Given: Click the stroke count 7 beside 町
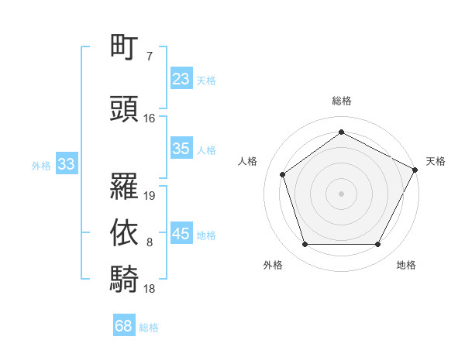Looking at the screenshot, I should click(150, 57).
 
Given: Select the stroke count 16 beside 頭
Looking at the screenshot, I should click(150, 118).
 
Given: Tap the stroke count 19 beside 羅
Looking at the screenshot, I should click(150, 196).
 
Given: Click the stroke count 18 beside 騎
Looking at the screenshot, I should click(150, 289).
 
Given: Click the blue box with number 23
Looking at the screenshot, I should click(181, 79).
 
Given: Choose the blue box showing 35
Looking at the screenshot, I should click(181, 149).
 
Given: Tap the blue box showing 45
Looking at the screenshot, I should click(181, 234).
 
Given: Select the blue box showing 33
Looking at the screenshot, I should click(66, 164).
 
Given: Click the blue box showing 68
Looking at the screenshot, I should click(123, 326).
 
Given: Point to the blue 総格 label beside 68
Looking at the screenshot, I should click(149, 328).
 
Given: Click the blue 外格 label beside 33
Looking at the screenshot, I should click(41, 165).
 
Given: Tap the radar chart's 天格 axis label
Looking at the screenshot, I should click(436, 161).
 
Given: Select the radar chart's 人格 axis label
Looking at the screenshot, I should click(248, 161).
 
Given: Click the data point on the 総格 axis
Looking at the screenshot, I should click(341, 132).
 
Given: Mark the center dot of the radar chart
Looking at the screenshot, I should click(341, 193).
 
